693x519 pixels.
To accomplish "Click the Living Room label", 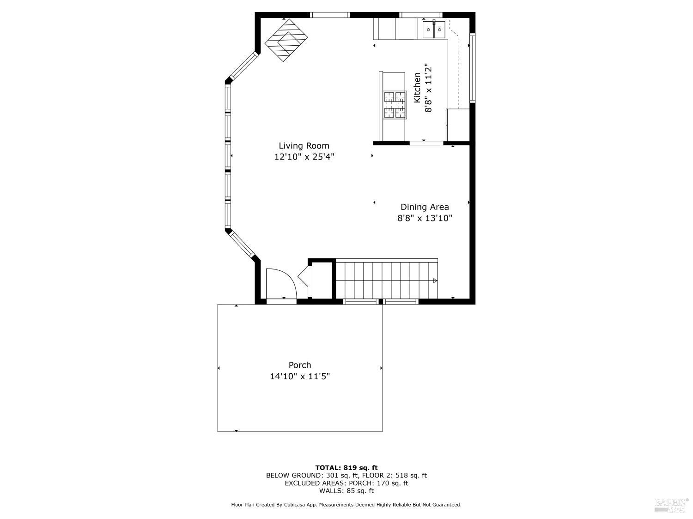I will (304, 146).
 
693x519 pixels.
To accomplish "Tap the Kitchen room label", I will (417, 88).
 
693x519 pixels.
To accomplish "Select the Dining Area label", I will (424, 207).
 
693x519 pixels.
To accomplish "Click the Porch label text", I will (300, 365).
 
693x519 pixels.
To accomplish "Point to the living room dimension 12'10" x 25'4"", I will (304, 157).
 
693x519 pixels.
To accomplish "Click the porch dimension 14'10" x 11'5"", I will (300, 376).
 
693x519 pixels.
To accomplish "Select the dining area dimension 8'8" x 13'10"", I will (424, 218).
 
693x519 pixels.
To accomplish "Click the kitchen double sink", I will (434, 30).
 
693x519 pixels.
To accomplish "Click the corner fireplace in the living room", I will (286, 40).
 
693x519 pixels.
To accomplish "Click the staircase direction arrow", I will (435, 280).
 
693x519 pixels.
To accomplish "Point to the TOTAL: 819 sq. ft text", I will (346, 468).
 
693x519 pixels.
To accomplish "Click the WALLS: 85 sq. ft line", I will (346, 491).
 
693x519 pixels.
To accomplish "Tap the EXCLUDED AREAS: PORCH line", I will (346, 483).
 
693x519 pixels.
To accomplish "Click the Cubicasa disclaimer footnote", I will (346, 505).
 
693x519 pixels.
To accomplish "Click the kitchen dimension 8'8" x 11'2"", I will (429, 88).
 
